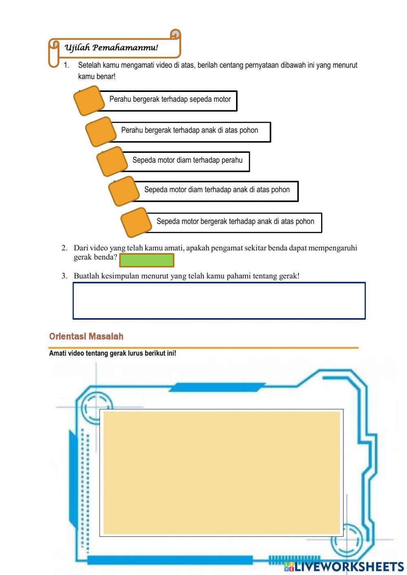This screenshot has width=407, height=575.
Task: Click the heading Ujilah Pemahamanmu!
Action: (111, 48)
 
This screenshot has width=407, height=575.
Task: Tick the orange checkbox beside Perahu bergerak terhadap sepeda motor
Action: (89, 101)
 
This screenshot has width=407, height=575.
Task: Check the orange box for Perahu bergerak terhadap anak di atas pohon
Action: (101, 131)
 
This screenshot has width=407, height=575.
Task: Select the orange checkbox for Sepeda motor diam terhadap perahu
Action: (112, 162)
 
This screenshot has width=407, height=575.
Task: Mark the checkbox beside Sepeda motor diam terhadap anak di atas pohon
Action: (124, 191)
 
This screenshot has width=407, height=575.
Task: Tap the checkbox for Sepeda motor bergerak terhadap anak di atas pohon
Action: (136, 222)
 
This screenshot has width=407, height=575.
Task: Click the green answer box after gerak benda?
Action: (147, 260)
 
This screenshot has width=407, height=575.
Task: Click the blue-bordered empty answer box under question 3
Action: (219, 301)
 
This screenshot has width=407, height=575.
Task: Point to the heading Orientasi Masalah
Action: (86, 337)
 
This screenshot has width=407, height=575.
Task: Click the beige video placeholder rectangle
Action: (221, 472)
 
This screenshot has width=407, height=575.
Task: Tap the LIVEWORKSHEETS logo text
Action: (349, 567)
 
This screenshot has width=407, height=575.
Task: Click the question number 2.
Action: (64, 248)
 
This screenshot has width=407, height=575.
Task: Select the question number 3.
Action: (64, 276)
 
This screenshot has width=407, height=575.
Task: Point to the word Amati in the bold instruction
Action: (57, 353)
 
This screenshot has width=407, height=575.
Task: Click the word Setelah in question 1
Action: (89, 65)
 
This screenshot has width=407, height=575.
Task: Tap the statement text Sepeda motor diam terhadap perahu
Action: (187, 160)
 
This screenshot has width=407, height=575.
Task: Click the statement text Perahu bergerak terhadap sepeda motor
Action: (170, 99)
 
